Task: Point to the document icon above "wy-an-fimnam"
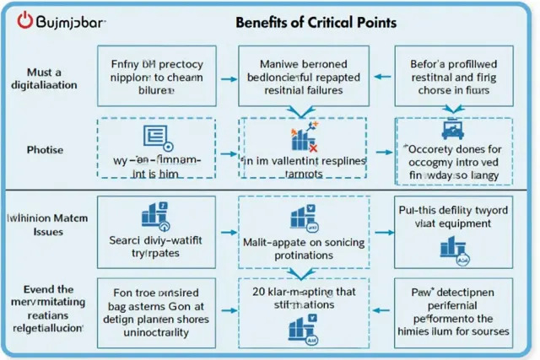(156, 135)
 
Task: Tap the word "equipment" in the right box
(472, 224)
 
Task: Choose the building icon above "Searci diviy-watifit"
(156, 215)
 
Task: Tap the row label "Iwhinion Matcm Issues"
(48, 225)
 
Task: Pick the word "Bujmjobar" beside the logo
(73, 20)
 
